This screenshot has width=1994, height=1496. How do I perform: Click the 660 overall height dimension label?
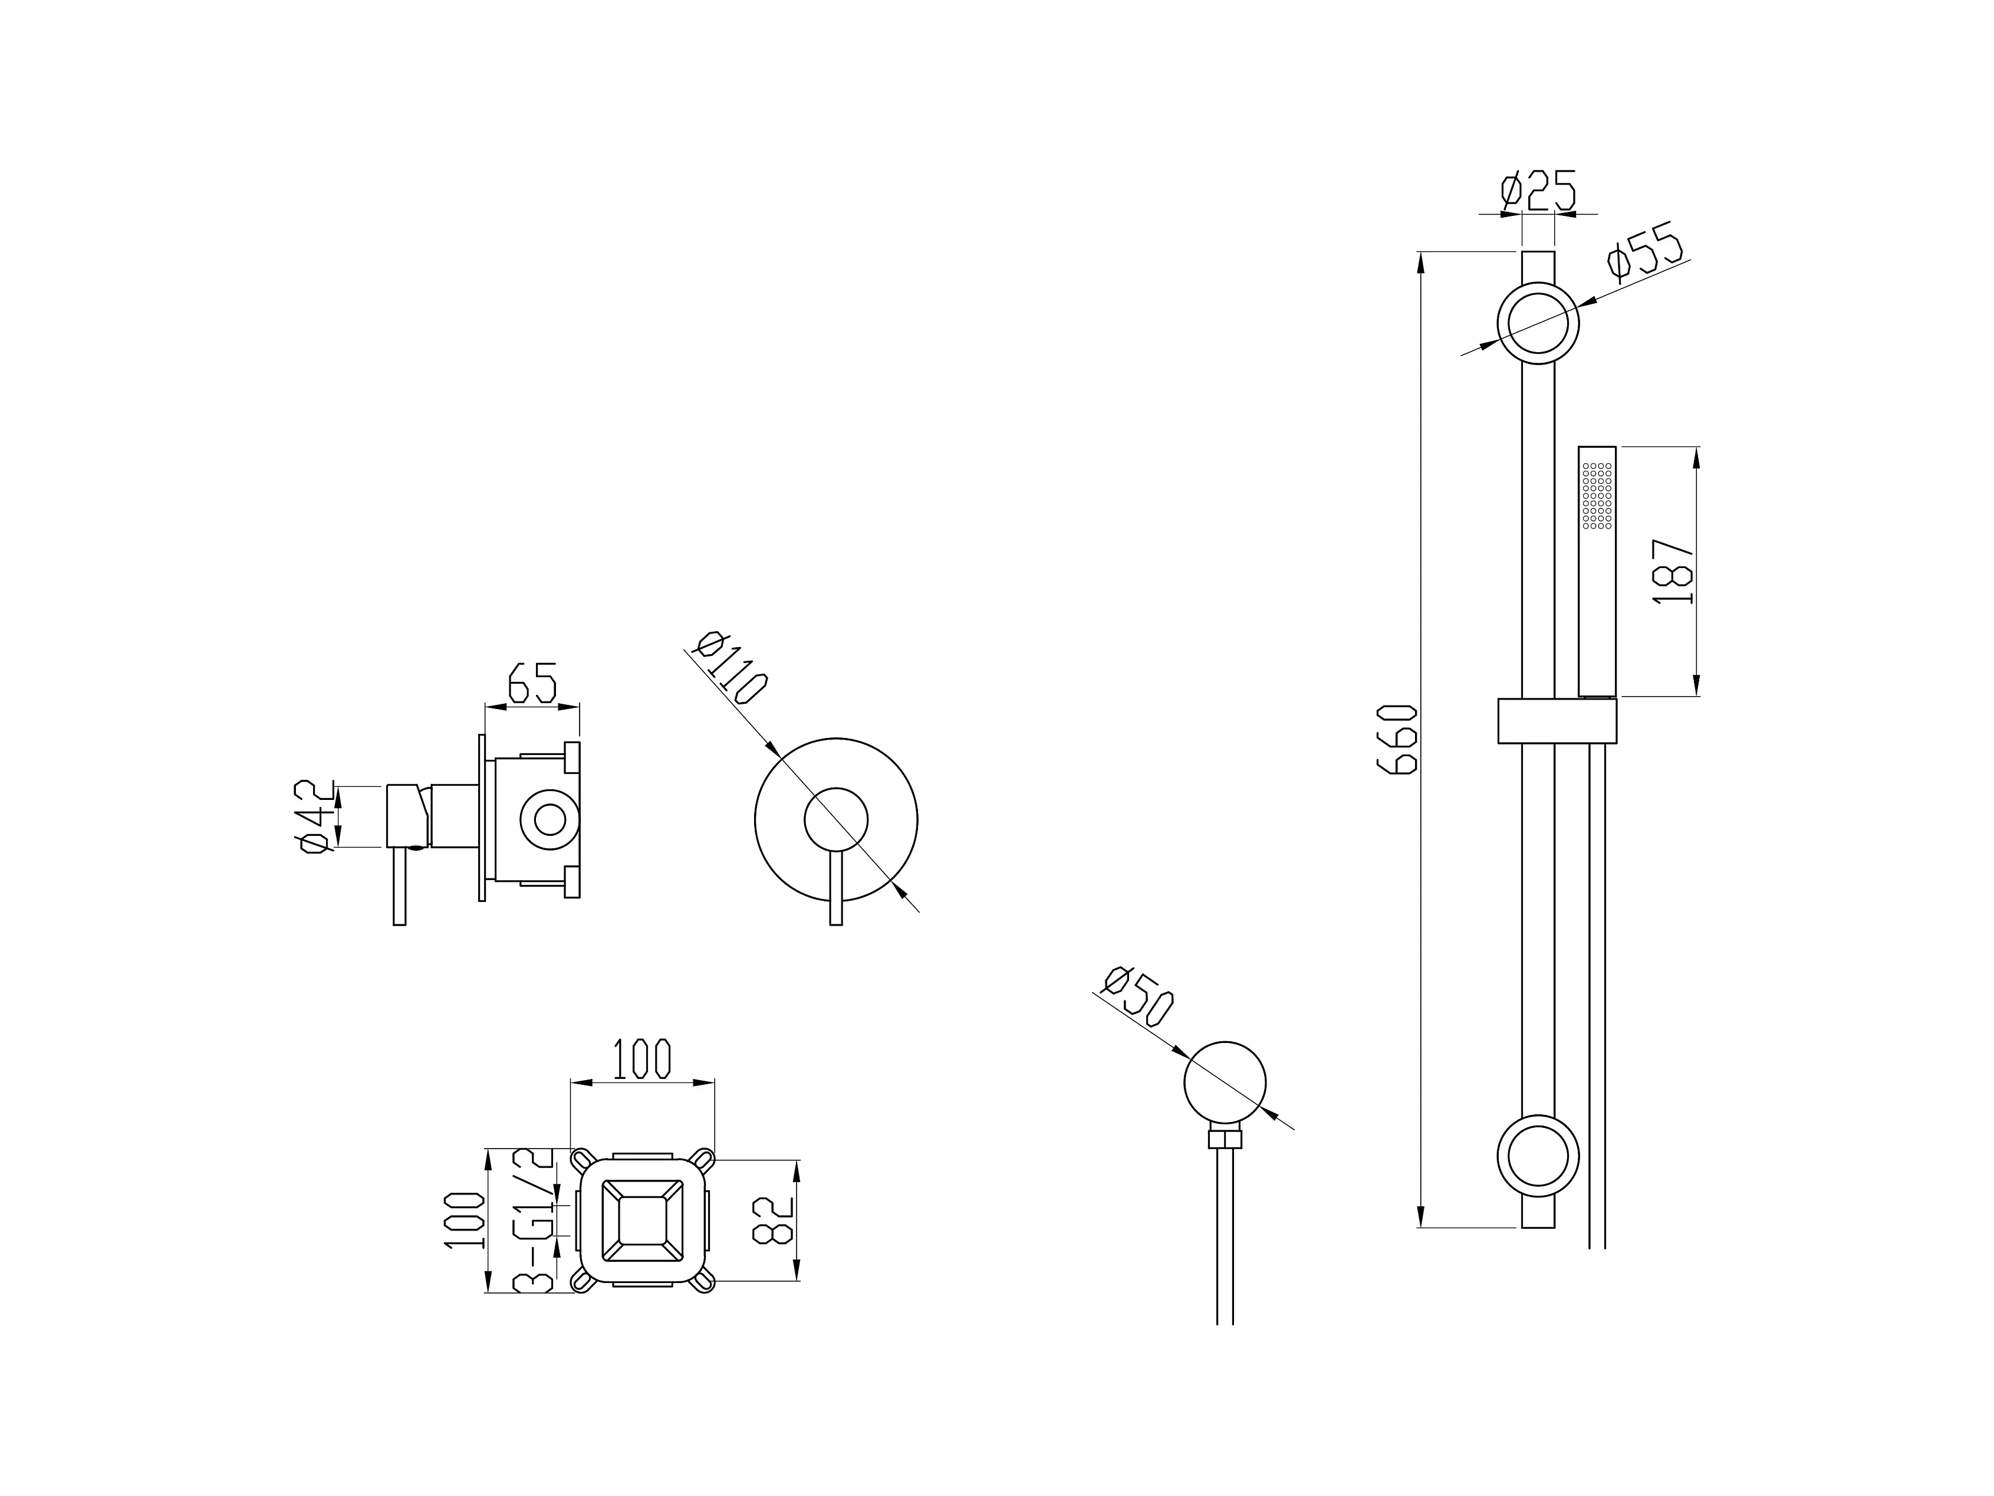coord(1397,739)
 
